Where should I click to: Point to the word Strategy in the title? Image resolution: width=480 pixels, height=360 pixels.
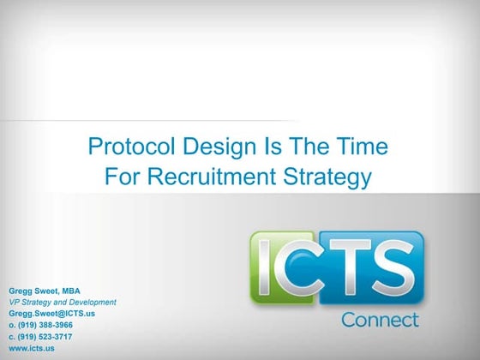pos(328,177)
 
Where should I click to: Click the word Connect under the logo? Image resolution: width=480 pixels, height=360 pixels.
pos(381,320)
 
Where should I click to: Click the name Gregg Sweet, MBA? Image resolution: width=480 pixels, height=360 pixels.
pos(44,291)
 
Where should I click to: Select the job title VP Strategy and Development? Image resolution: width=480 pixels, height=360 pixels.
pos(63,303)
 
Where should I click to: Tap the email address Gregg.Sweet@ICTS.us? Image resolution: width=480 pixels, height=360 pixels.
pos(51,314)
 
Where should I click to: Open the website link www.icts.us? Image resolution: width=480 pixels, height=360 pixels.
pos(32,349)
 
